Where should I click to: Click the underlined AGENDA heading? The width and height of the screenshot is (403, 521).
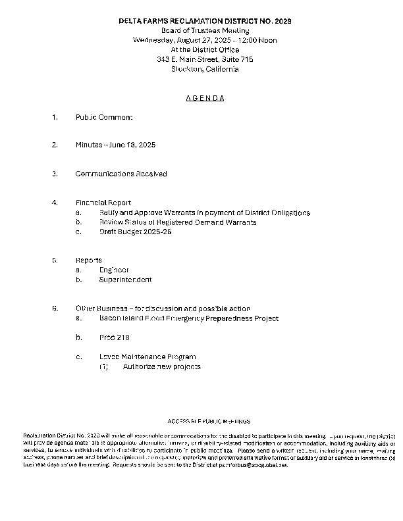205,99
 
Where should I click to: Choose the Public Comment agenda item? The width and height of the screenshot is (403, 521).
104,117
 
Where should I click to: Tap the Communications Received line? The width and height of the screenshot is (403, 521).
121,174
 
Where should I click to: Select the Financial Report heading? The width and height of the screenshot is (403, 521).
103,203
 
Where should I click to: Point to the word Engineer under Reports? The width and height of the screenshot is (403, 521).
114,270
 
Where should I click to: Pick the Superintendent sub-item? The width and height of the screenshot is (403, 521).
125,280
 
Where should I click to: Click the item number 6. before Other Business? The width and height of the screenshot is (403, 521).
55,309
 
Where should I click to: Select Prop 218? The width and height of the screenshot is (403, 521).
114,337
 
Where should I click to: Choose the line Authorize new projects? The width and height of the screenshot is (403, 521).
161,366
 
